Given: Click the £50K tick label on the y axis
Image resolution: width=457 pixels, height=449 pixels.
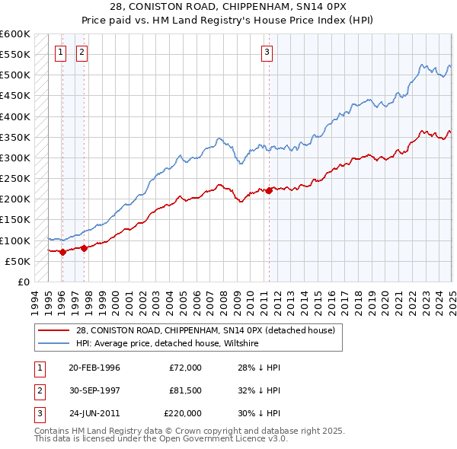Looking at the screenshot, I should pos(18,261).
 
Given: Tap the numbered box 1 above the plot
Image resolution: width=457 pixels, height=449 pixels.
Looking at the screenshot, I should pos(60,53).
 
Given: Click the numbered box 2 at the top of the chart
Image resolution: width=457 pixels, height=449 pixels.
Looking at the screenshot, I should pos(81,53).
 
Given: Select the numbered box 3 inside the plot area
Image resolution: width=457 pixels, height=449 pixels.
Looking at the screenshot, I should pos(267,53).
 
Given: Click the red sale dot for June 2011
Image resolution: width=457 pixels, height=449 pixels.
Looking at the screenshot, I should pos(269,191).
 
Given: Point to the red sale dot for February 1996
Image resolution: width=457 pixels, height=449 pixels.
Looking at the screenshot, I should pos(62,252).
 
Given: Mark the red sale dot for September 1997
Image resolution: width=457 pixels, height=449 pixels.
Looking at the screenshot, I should pos(84,246).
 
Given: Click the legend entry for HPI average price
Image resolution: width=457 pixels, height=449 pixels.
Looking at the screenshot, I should pos(168,343).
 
